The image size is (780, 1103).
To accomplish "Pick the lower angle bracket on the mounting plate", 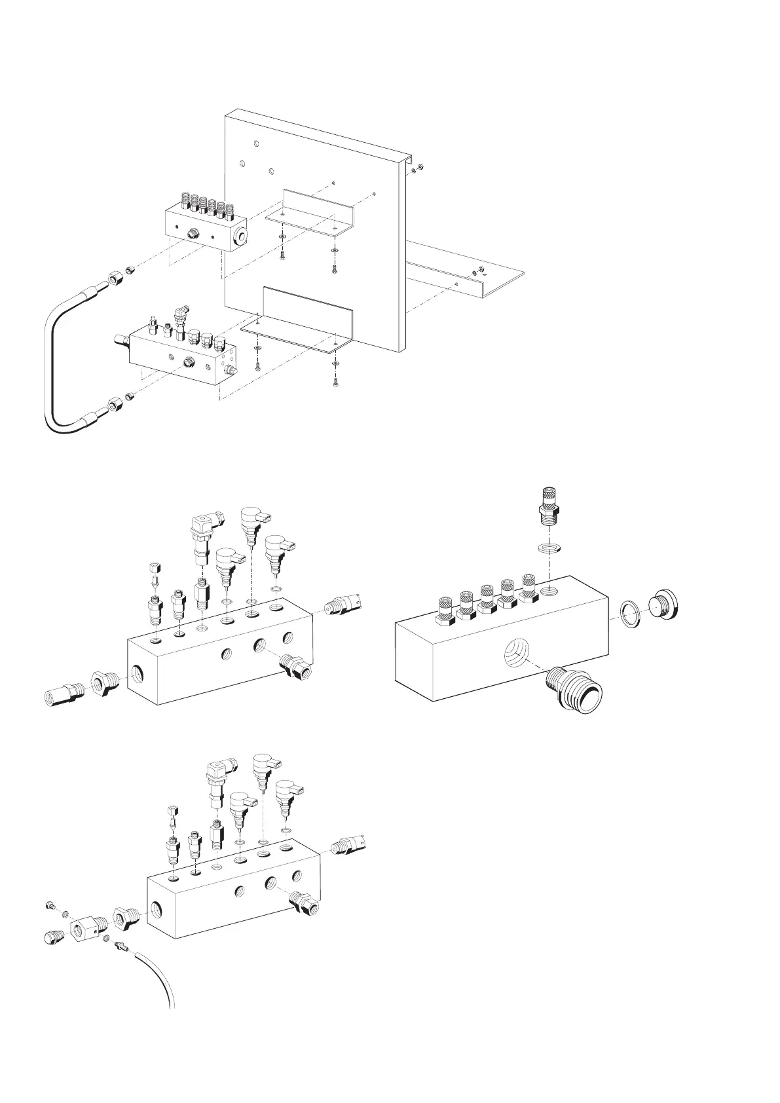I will (308, 321).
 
